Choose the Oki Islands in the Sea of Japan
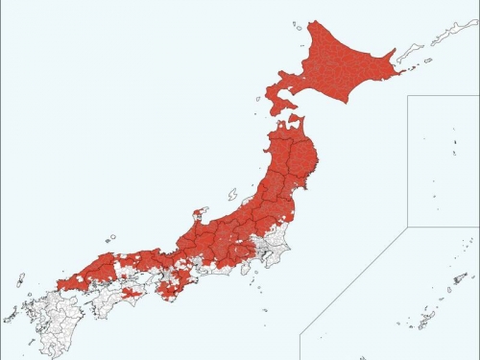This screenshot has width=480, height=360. pyautogui.click(x=111, y=237)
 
